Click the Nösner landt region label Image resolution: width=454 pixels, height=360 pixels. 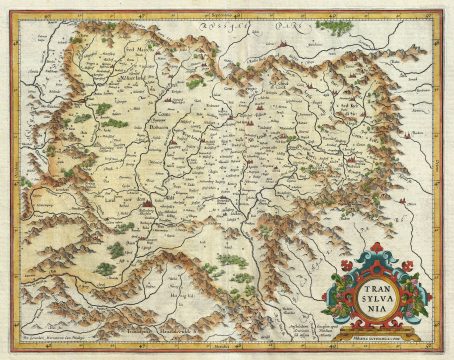(149, 72)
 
